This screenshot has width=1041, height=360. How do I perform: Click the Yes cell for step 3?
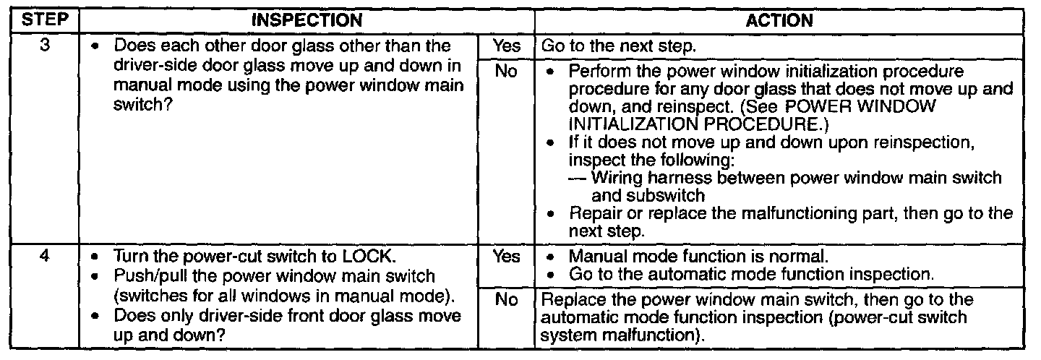(x=506, y=45)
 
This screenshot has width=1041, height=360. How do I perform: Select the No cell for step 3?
(x=506, y=73)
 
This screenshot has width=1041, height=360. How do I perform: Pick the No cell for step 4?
(x=506, y=299)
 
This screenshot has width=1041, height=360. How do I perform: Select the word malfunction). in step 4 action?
(x=656, y=336)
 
